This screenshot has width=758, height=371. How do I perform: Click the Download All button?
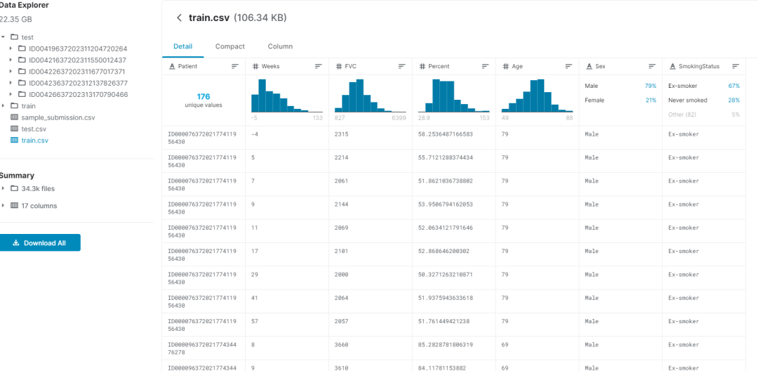40,243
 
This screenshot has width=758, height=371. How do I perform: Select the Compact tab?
230,46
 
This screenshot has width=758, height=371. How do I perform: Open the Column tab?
280,46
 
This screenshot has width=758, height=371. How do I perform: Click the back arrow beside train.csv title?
179,18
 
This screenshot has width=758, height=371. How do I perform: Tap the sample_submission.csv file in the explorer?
52,117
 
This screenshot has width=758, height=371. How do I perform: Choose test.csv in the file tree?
34,129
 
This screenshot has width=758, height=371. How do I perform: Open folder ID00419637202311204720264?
78,48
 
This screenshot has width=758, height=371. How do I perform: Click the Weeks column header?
270,66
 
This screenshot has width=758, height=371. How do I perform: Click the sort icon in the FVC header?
401,66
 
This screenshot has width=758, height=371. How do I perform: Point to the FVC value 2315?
341,134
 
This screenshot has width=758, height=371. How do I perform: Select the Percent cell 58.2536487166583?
445,134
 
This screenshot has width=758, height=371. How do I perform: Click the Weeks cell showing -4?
255,134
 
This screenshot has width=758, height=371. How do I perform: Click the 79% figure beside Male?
650,86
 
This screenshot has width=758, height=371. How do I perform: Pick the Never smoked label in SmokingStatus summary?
687,100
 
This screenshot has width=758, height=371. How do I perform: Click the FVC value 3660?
341,345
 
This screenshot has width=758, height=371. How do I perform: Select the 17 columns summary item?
39,206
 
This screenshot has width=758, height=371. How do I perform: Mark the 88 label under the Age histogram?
569,118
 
